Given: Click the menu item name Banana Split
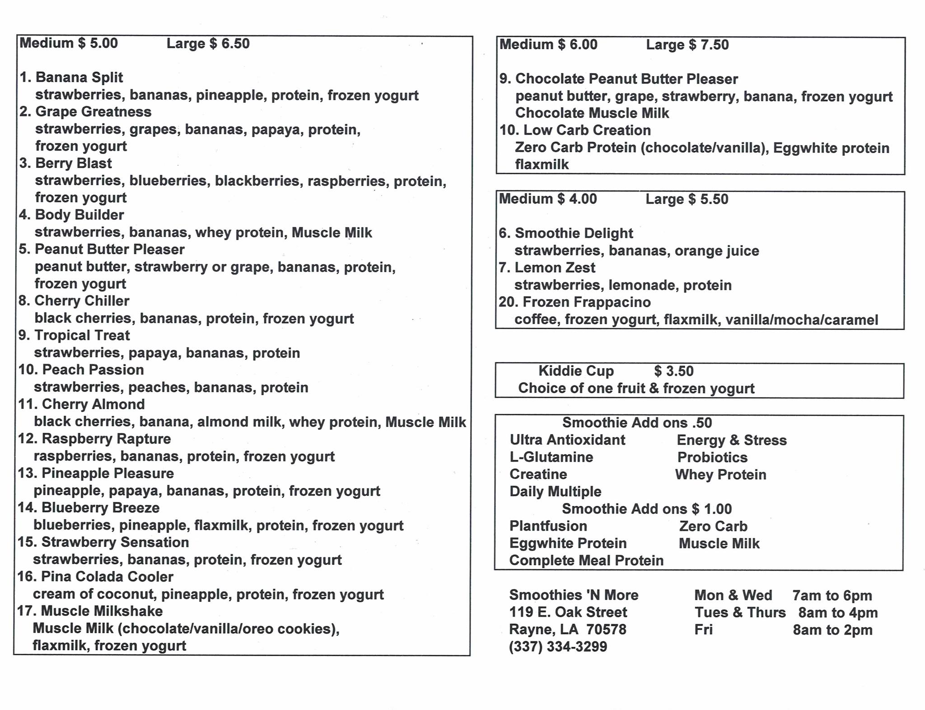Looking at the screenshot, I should coord(79,77).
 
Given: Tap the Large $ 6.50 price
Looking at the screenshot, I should coord(208,43).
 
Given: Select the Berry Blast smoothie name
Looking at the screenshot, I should coord(73,163).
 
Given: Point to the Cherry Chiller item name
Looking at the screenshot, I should coord(82,301).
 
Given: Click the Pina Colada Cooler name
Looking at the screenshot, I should coord(107,577).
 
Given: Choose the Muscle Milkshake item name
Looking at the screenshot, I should coord(102,611).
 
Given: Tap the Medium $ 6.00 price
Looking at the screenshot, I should coord(548,44).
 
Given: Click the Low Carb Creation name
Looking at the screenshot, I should coord(587,130).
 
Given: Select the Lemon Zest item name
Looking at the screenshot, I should coord(555,267).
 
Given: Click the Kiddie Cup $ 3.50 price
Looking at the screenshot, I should coord(673,371).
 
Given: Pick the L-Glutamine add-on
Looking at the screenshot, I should coord(551,457).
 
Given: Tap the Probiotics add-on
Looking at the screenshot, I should coord(712,457).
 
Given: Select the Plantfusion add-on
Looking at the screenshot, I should coord(548,526).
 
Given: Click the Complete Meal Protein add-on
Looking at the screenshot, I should coord(586,561).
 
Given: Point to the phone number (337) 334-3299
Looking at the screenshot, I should coord(558,647).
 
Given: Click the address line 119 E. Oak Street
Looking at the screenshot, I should coord(568,612).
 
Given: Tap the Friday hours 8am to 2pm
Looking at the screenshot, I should coord(832,630).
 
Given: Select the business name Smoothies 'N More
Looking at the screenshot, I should coord(574,595).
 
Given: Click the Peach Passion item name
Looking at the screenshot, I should coord(93,370).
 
